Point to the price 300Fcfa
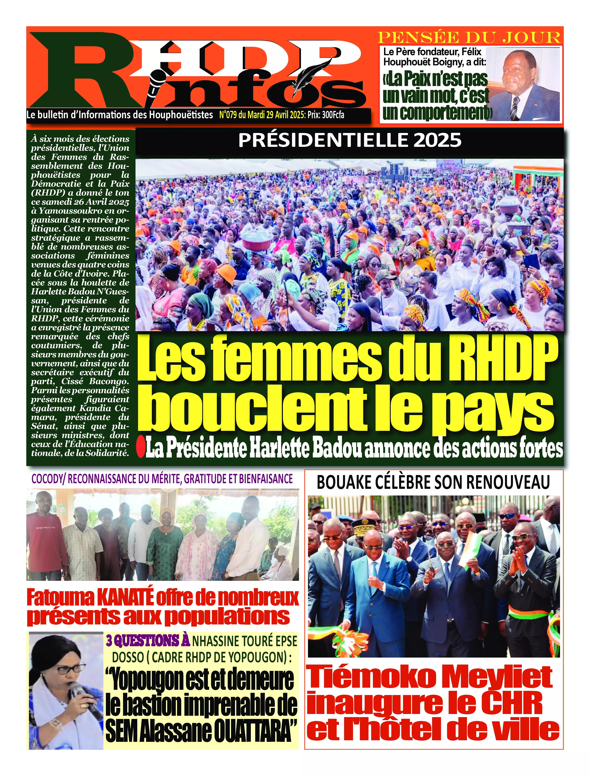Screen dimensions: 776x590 point(333,115)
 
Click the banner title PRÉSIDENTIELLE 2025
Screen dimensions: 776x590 point(350,140)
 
